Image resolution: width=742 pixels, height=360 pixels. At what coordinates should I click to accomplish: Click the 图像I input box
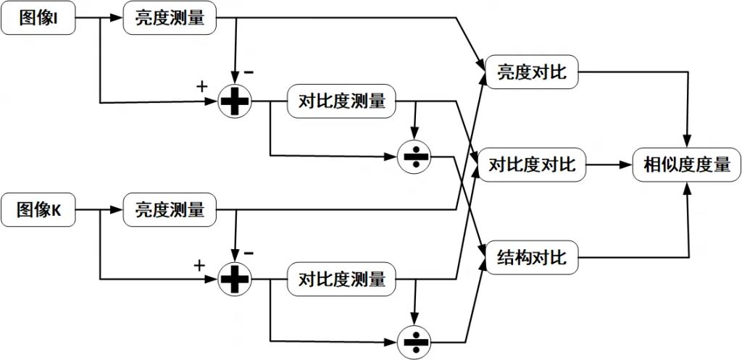pos(38,18)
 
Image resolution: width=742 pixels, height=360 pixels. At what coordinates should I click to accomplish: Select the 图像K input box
pos(38,210)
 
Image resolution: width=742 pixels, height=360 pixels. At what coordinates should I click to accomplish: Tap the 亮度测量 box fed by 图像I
pos(170,18)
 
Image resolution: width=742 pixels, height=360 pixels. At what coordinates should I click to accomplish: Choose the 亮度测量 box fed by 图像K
pos(170,210)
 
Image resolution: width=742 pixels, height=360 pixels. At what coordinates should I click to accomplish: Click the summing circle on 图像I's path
pos(234,102)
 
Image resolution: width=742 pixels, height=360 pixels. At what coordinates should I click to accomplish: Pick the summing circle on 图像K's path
pos(234,278)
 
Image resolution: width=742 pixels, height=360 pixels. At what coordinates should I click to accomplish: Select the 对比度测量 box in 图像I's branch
pos(341,102)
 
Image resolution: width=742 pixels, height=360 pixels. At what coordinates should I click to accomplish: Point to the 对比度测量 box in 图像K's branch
pos(341,278)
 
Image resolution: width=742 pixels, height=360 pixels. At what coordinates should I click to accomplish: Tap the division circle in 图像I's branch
pos(414,156)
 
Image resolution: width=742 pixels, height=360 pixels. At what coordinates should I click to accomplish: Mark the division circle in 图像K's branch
pos(414,339)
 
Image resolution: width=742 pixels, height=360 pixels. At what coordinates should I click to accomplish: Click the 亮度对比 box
pos(532,72)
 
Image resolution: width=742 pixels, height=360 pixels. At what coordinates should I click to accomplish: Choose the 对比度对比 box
pos(532,164)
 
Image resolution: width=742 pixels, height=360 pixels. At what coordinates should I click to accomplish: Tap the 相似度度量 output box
pos(686,164)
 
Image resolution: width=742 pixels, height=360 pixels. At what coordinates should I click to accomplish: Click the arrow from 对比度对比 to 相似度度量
pos(609,164)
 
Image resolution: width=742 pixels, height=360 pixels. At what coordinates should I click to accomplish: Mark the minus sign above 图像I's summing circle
pos(249,73)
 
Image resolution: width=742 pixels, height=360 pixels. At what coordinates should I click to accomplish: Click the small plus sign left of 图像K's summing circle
pos(200,265)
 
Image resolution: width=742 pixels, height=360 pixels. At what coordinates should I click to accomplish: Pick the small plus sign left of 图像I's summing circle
pos(202,87)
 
